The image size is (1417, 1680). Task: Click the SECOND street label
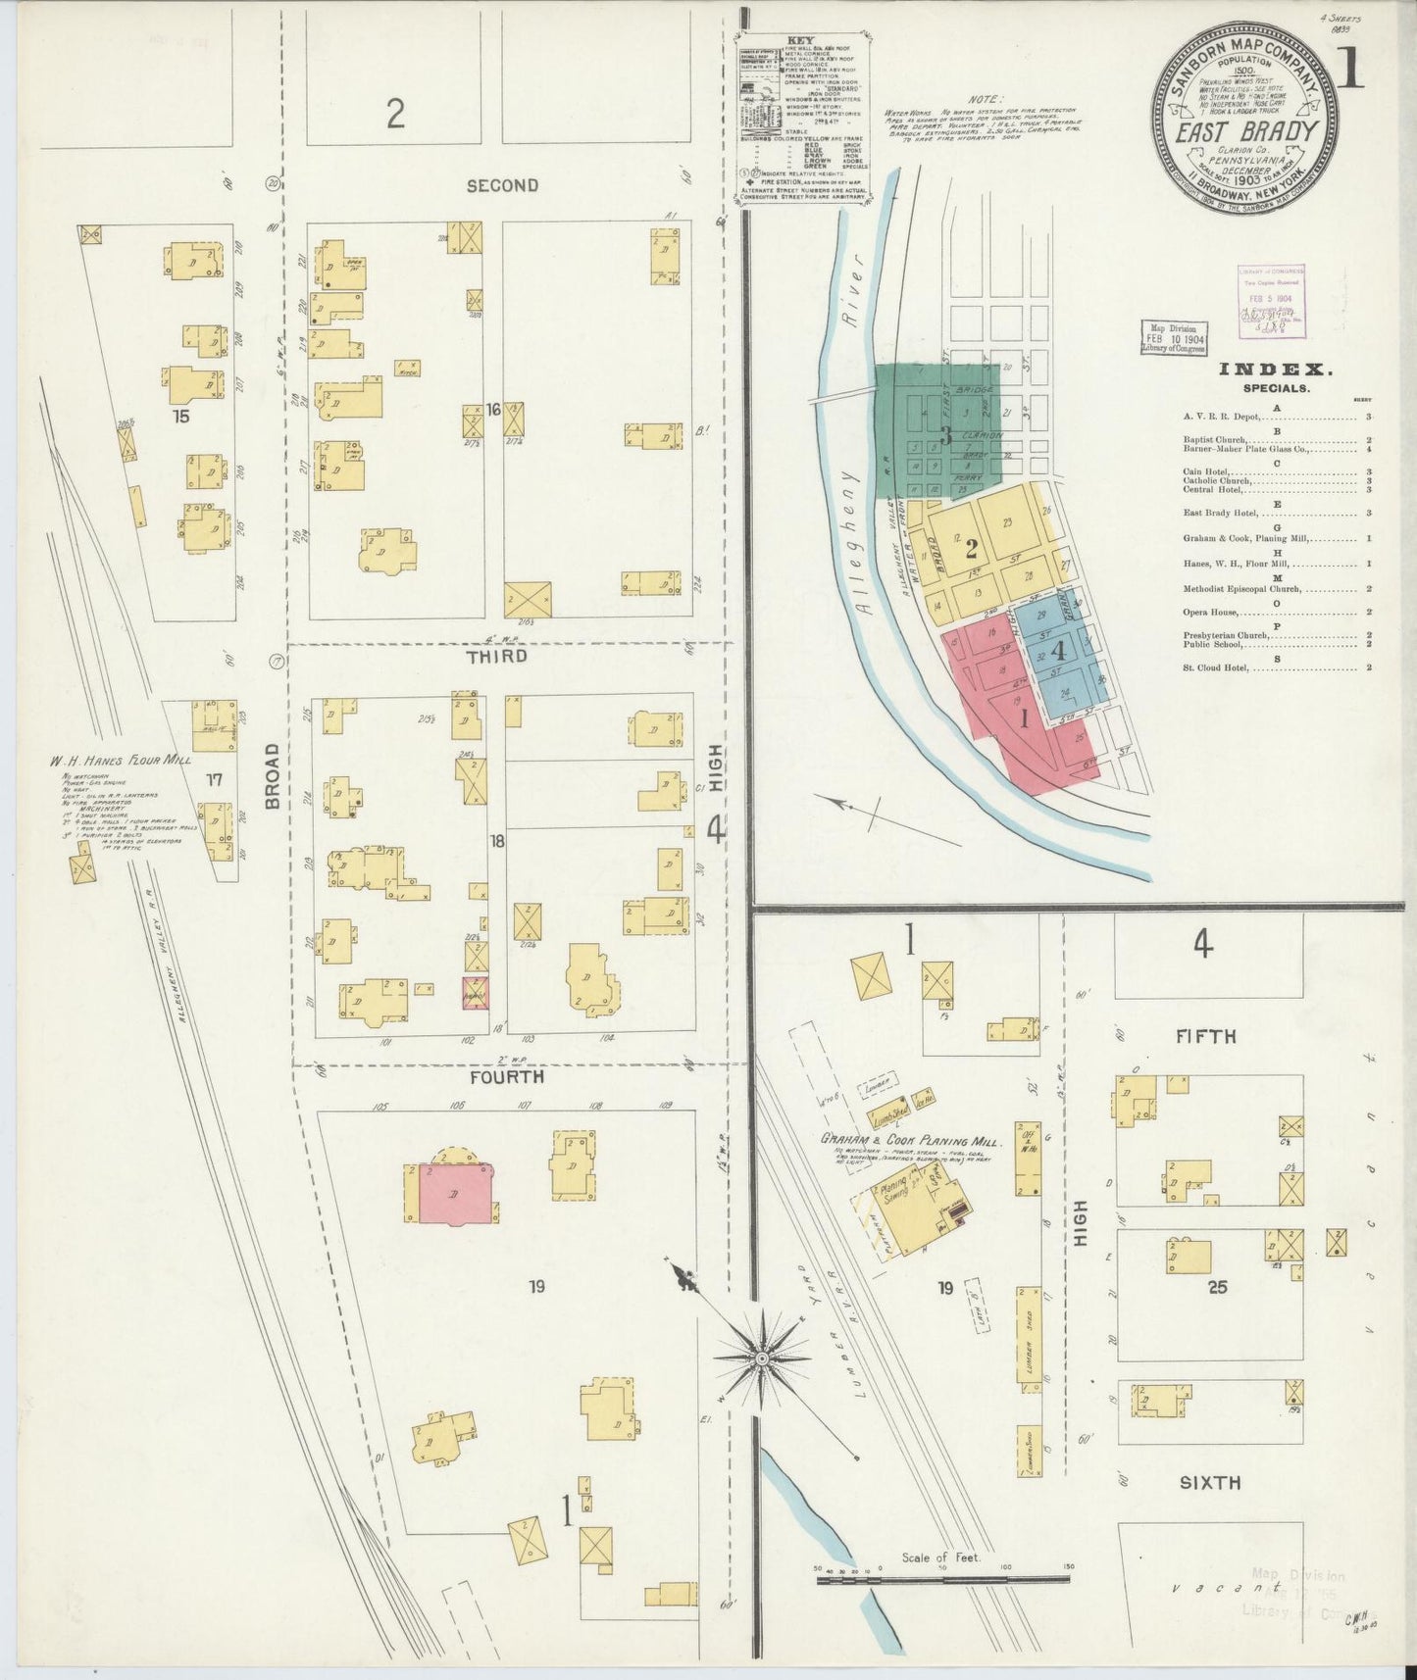[502, 185]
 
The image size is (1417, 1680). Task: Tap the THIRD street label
[497, 656]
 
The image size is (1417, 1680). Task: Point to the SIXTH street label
[1210, 1484]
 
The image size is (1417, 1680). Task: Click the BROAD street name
[273, 776]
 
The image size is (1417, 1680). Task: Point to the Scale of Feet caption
[941, 1557]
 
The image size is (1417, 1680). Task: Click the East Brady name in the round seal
[1244, 131]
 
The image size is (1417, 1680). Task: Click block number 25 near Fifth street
[1217, 1287]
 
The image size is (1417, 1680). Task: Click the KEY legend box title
[800, 41]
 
